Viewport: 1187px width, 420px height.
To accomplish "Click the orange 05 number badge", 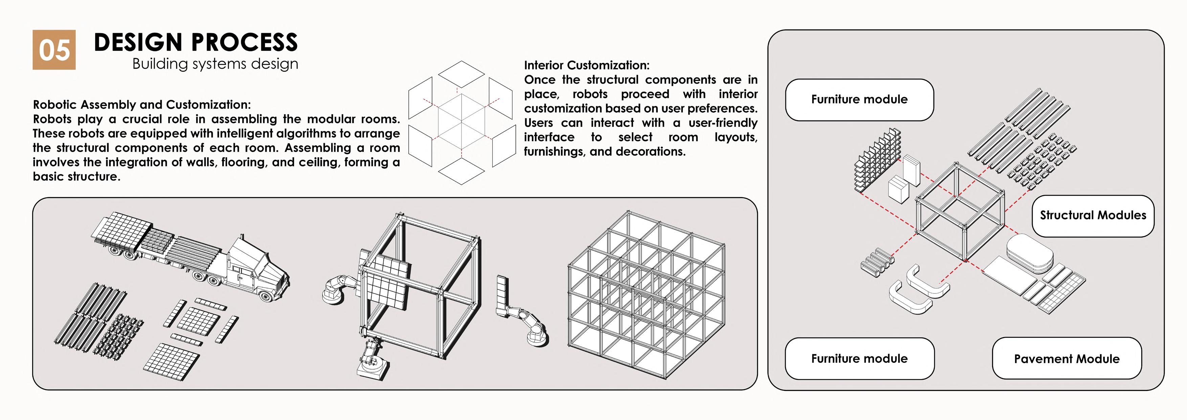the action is click(x=54, y=50).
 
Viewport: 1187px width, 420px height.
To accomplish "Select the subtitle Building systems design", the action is click(x=215, y=64).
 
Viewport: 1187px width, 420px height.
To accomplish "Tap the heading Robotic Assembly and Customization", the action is click(x=142, y=104).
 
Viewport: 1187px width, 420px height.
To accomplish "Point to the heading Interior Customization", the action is click(x=587, y=65).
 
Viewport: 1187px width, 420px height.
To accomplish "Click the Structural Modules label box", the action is click(x=1093, y=215).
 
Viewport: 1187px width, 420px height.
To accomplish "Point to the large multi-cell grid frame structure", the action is click(x=645, y=295).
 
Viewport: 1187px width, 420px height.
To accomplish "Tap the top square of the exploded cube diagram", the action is click(x=461, y=74).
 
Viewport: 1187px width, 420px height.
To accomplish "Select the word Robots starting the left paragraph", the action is click(x=52, y=119).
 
